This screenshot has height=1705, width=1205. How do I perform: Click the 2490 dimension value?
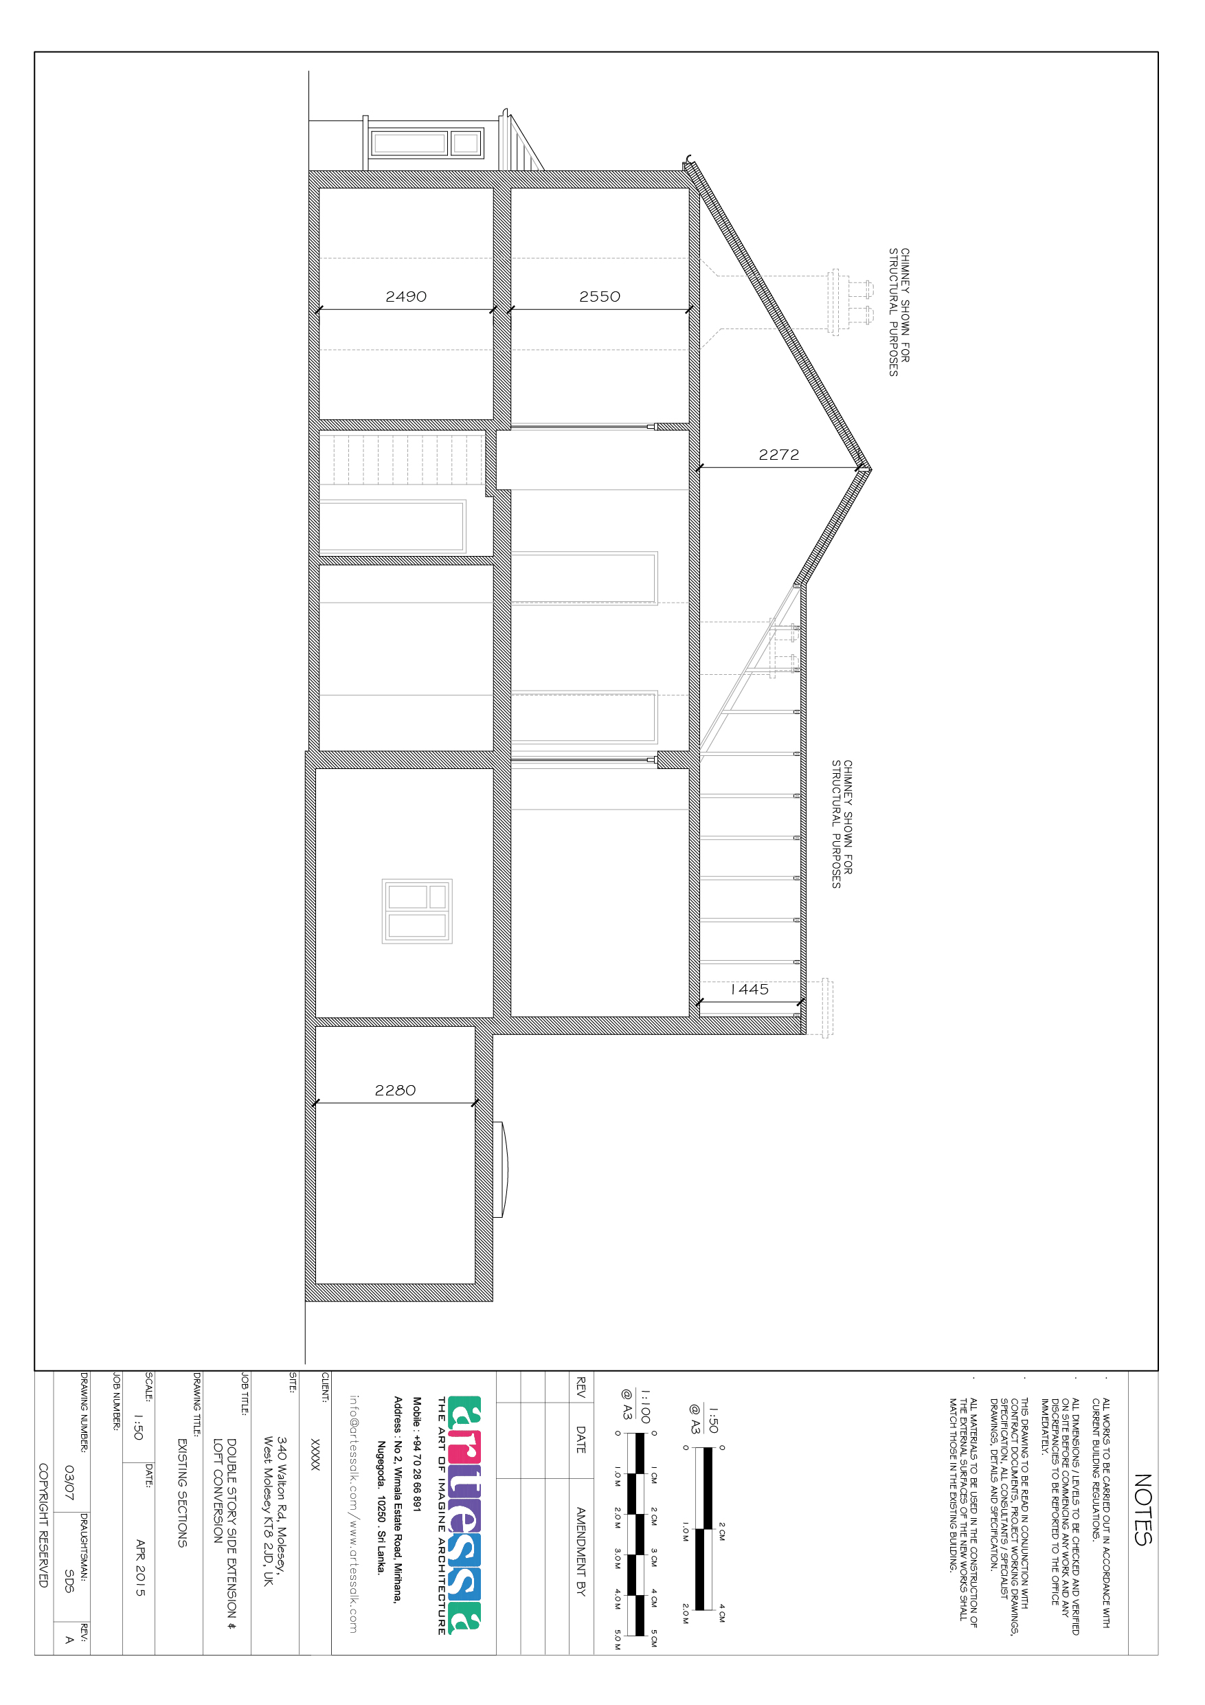[405, 297]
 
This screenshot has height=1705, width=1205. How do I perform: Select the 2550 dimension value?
[599, 297]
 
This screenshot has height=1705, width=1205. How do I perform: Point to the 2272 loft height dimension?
[779, 455]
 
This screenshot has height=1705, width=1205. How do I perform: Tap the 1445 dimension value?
[749, 989]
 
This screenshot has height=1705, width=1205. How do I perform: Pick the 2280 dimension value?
[395, 1090]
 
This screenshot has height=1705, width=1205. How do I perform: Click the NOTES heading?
[1142, 1510]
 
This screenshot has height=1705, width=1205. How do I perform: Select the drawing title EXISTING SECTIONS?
[183, 1493]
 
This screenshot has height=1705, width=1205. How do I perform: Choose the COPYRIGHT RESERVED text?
[43, 1526]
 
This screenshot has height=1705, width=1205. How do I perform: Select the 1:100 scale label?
[645, 1407]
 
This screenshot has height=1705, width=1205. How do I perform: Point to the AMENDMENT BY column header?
[581, 1551]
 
